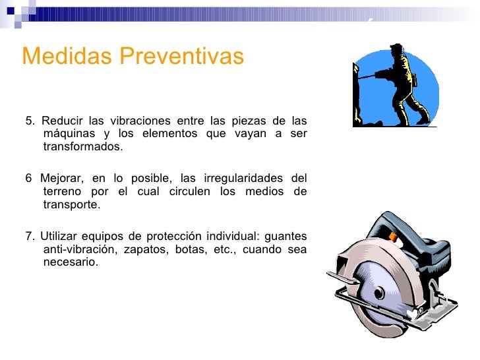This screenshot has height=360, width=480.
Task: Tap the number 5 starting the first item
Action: [x=29, y=121]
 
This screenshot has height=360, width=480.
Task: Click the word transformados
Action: [x=82, y=146]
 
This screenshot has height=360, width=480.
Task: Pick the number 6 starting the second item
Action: [x=28, y=179]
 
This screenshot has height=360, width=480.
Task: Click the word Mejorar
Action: [x=62, y=179]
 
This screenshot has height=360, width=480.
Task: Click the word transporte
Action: [x=71, y=204]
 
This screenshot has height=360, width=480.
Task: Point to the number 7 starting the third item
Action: [x=28, y=237]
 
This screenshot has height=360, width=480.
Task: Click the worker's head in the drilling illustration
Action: [x=396, y=51]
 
